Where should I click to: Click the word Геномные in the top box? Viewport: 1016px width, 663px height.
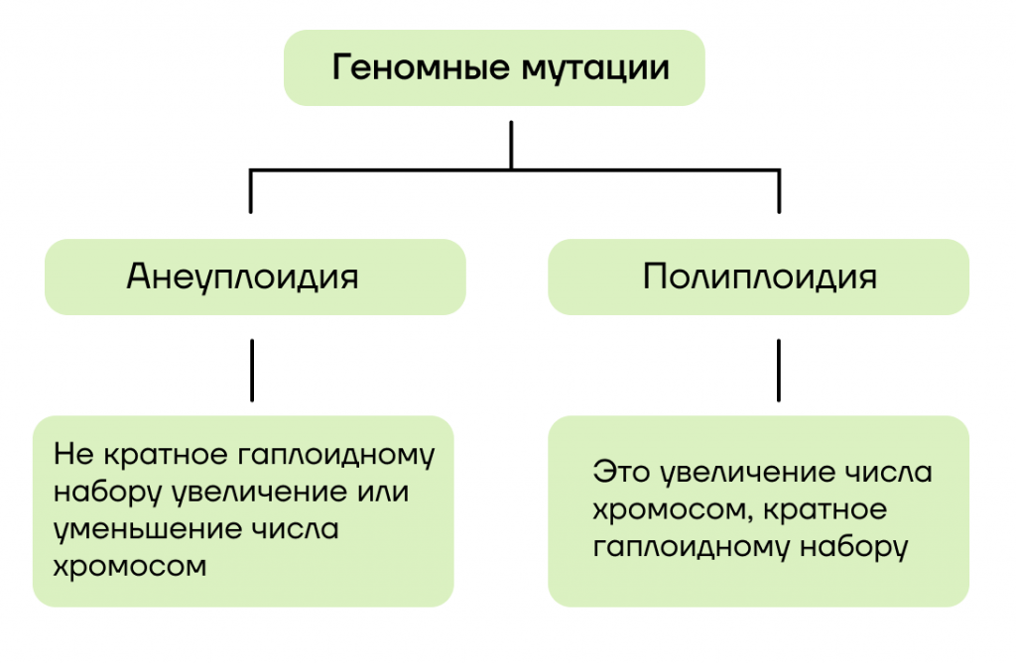coord(421,66)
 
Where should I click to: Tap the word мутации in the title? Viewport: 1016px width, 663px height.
coord(595,68)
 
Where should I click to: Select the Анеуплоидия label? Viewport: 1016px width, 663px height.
coord(242,277)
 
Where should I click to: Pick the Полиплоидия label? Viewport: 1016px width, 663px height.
coord(759,277)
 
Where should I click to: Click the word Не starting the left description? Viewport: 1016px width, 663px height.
coord(74,454)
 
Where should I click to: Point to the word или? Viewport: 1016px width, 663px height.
coord(383,492)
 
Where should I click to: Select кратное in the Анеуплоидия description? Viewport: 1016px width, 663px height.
coord(166,454)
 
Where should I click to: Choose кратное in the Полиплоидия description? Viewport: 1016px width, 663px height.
coord(825,509)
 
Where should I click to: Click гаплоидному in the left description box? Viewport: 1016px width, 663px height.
coord(335,455)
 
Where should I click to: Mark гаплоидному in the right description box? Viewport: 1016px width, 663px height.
coord(692,548)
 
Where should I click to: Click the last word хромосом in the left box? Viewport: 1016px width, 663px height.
coord(130,567)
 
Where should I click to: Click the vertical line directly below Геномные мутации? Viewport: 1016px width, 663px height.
coord(511,146)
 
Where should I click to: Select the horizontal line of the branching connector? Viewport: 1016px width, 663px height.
coord(515,170)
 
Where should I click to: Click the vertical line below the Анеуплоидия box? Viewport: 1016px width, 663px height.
coord(252,371)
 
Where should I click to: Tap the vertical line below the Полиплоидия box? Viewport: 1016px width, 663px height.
coord(778,371)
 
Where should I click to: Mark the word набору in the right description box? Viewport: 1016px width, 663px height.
coord(853,548)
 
